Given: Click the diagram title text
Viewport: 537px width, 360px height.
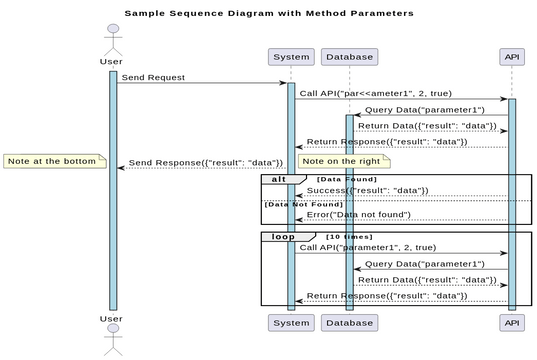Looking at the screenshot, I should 268,14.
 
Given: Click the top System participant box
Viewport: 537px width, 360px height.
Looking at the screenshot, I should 291,57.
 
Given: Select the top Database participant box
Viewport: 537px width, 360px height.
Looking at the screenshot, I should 349,57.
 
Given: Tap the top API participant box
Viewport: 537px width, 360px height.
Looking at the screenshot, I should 512,57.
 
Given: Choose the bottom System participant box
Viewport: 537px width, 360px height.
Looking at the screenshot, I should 291,323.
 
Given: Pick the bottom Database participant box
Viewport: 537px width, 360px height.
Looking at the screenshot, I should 349,323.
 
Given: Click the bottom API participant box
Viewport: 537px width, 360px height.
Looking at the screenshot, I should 512,323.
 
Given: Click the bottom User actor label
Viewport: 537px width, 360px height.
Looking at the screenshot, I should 112,318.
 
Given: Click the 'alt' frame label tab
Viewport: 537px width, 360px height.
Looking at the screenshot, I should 276,178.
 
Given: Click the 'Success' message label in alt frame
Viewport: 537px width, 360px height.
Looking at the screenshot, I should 367,190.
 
